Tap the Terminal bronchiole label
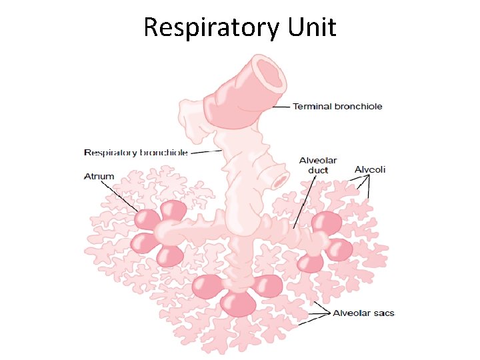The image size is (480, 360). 337,107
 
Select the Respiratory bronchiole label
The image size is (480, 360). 135,153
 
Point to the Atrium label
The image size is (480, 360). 99,177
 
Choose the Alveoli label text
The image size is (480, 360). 370,170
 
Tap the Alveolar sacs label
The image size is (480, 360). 363,313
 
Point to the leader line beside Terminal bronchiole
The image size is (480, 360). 283,107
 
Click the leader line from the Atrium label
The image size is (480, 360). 123,197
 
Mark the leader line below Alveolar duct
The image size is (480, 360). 301,200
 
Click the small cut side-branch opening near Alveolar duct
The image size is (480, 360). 280,180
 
